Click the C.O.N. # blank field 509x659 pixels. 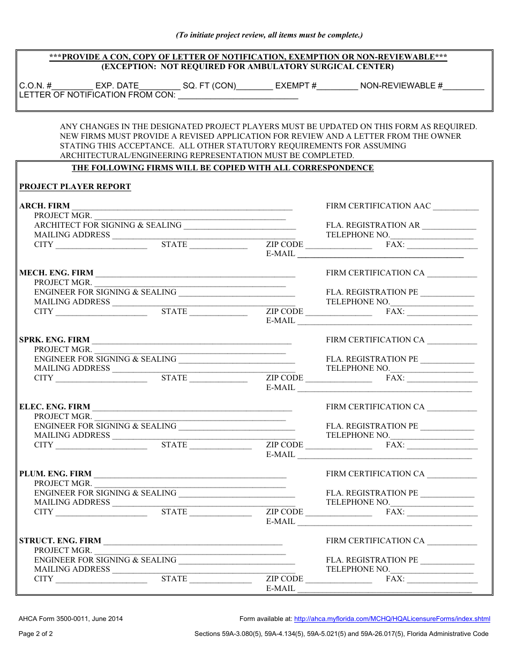point(72,86)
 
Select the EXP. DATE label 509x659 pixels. point(117,86)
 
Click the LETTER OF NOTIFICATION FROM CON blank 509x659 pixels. point(237,96)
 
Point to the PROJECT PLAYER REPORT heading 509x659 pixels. point(75,187)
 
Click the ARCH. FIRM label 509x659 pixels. point(44,206)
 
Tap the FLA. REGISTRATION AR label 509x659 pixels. point(373,225)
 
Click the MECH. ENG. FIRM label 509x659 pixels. point(56,273)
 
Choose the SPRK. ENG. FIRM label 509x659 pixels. point(55,340)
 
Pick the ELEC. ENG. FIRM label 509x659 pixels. point(55,407)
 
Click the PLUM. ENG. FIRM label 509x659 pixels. point(56,474)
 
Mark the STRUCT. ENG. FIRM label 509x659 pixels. point(60,541)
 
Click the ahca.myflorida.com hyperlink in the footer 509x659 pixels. point(392,619)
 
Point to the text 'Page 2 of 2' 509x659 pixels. point(36,634)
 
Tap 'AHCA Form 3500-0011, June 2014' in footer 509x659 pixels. point(71,619)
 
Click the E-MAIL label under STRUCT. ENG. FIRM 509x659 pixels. point(281,588)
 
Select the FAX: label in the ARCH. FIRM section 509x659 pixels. point(395,244)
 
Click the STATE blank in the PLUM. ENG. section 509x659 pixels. point(220,513)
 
